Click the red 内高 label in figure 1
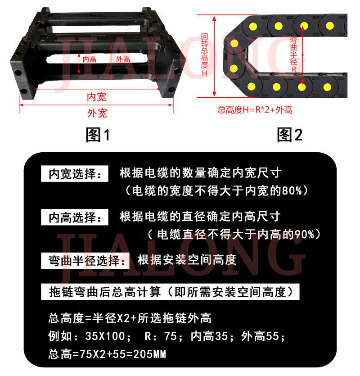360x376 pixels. click(90, 59)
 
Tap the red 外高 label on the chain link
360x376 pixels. click(123, 59)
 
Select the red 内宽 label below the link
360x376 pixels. click(97, 97)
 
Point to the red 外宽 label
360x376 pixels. click(97, 113)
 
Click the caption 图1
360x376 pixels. click(98, 135)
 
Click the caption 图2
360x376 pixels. click(290, 135)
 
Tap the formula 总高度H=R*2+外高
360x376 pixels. click(255, 110)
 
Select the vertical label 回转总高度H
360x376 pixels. click(204, 54)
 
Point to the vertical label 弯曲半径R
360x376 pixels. click(293, 54)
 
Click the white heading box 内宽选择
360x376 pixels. click(75, 174)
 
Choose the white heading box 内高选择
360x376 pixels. click(75, 217)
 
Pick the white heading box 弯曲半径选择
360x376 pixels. click(85, 261)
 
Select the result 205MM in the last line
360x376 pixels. click(149, 354)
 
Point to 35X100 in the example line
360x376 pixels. click(105, 336)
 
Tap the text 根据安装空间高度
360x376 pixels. click(187, 260)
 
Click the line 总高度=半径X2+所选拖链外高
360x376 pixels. click(130, 318)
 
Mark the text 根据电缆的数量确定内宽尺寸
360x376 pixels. click(200, 172)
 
